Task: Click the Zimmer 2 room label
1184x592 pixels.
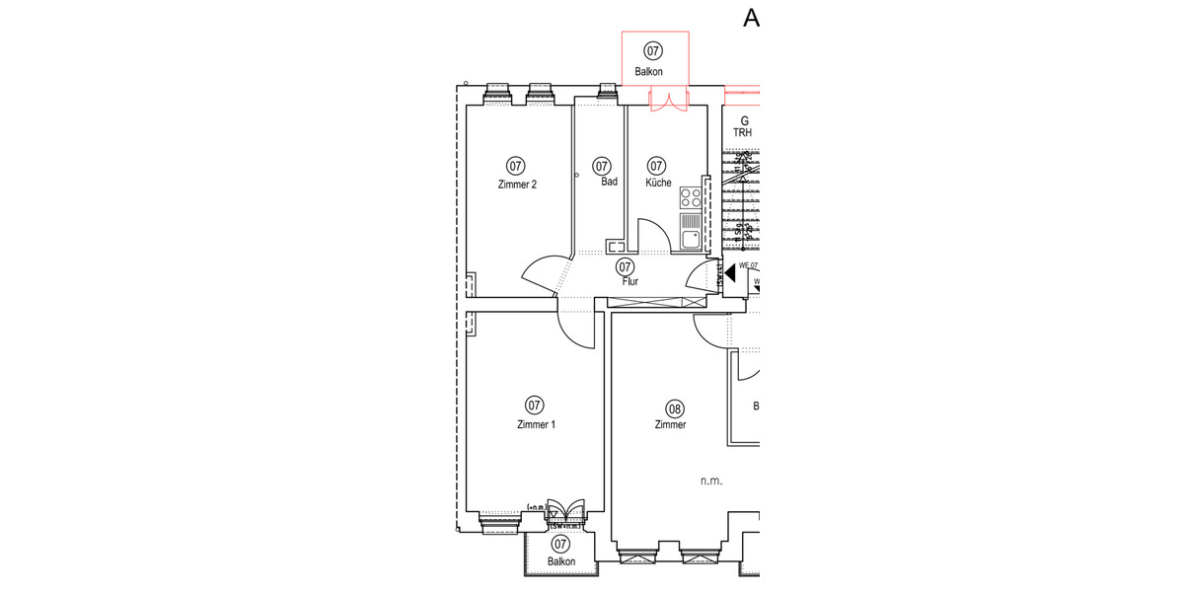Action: [517, 184]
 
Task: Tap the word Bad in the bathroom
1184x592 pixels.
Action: [609, 182]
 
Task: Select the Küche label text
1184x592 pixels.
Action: [658, 183]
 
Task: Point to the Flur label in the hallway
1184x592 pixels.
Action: [629, 281]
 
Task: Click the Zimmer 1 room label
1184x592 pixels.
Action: [536, 424]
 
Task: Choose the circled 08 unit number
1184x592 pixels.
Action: [675, 407]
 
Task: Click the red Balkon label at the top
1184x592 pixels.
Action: [648, 71]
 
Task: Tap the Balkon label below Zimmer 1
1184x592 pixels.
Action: [561, 561]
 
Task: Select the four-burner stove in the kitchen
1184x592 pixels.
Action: [691, 196]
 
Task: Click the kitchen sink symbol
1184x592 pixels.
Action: [691, 237]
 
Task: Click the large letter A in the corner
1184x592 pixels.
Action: [752, 19]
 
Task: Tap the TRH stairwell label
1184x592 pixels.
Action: [742, 132]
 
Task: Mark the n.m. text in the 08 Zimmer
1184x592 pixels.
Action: [711, 481]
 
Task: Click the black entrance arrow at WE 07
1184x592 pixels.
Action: [729, 273]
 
